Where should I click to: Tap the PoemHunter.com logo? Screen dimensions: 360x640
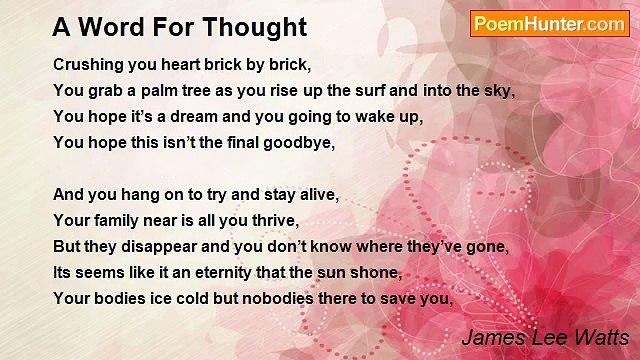click(549, 24)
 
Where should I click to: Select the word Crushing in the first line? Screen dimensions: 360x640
click(87, 64)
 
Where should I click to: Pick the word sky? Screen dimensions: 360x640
click(499, 90)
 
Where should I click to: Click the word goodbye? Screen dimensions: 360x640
click(301, 142)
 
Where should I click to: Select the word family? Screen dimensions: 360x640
click(113, 220)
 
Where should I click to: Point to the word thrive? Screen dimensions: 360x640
click(276, 220)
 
